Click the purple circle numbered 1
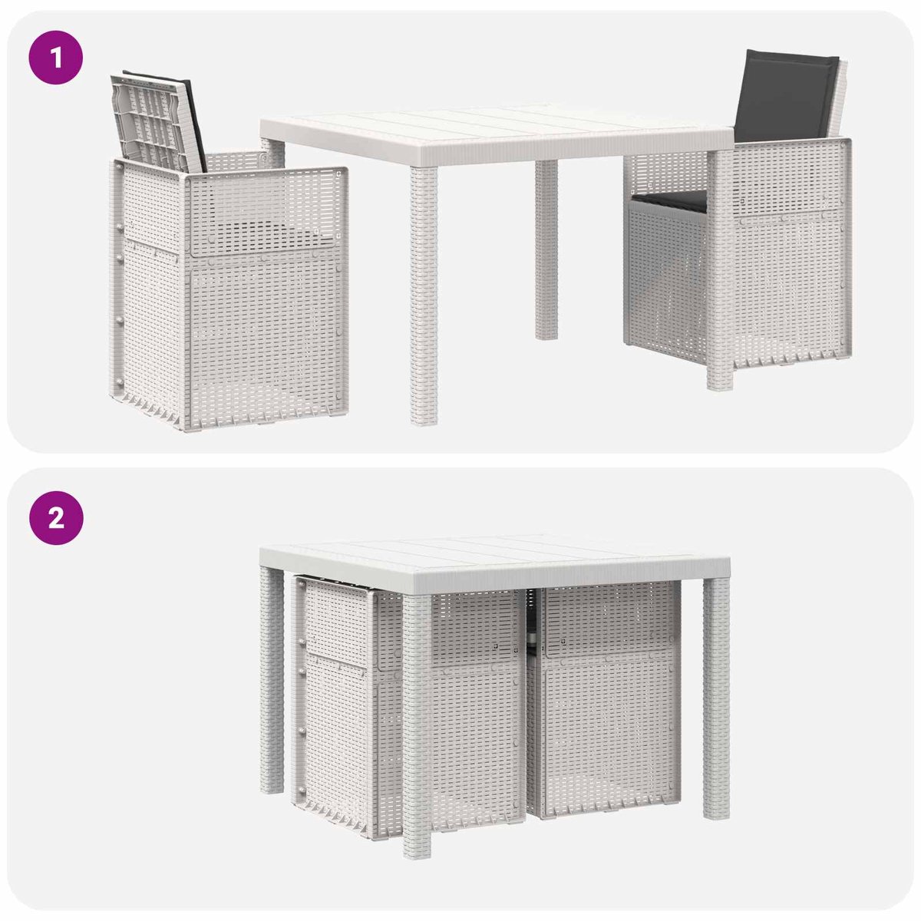coord(56,58)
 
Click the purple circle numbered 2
coord(56,517)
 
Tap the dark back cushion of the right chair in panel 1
coord(785,97)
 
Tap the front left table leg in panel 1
coord(424,295)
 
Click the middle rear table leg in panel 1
coord(546,249)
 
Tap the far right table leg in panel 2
coord(716,698)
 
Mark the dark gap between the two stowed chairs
coord(530,622)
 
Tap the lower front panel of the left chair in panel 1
coord(266,342)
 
